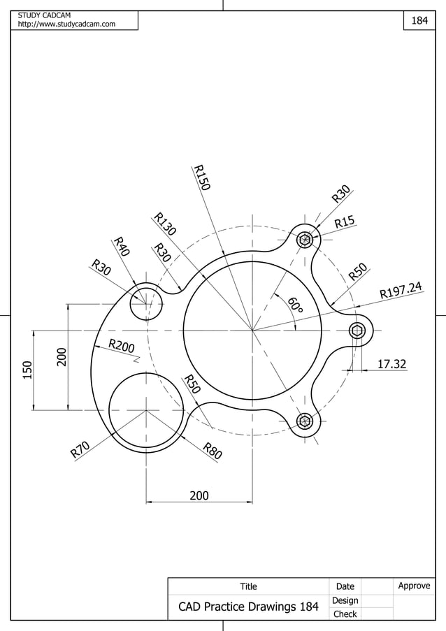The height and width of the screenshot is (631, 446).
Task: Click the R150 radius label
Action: [202, 177]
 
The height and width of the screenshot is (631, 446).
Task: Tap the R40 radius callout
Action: [122, 247]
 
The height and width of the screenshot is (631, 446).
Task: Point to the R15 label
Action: [345, 222]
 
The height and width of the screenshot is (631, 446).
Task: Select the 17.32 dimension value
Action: [391, 364]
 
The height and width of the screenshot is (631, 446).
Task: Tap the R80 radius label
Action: [213, 451]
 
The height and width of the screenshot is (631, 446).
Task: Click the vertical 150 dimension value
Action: [27, 370]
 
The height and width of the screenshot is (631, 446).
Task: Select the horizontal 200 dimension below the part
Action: [199, 495]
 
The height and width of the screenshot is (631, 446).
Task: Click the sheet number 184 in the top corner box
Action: [419, 21]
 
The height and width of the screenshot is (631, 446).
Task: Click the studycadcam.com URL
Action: [66, 25]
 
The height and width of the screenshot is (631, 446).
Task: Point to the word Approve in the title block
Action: [414, 586]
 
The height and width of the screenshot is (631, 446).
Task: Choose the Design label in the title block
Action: [345, 600]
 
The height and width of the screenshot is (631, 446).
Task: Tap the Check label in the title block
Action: [345, 614]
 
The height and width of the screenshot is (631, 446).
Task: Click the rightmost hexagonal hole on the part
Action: [358, 331]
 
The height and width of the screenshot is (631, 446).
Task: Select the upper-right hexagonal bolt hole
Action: [305, 240]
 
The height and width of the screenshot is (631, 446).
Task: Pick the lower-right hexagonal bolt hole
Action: [305, 421]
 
